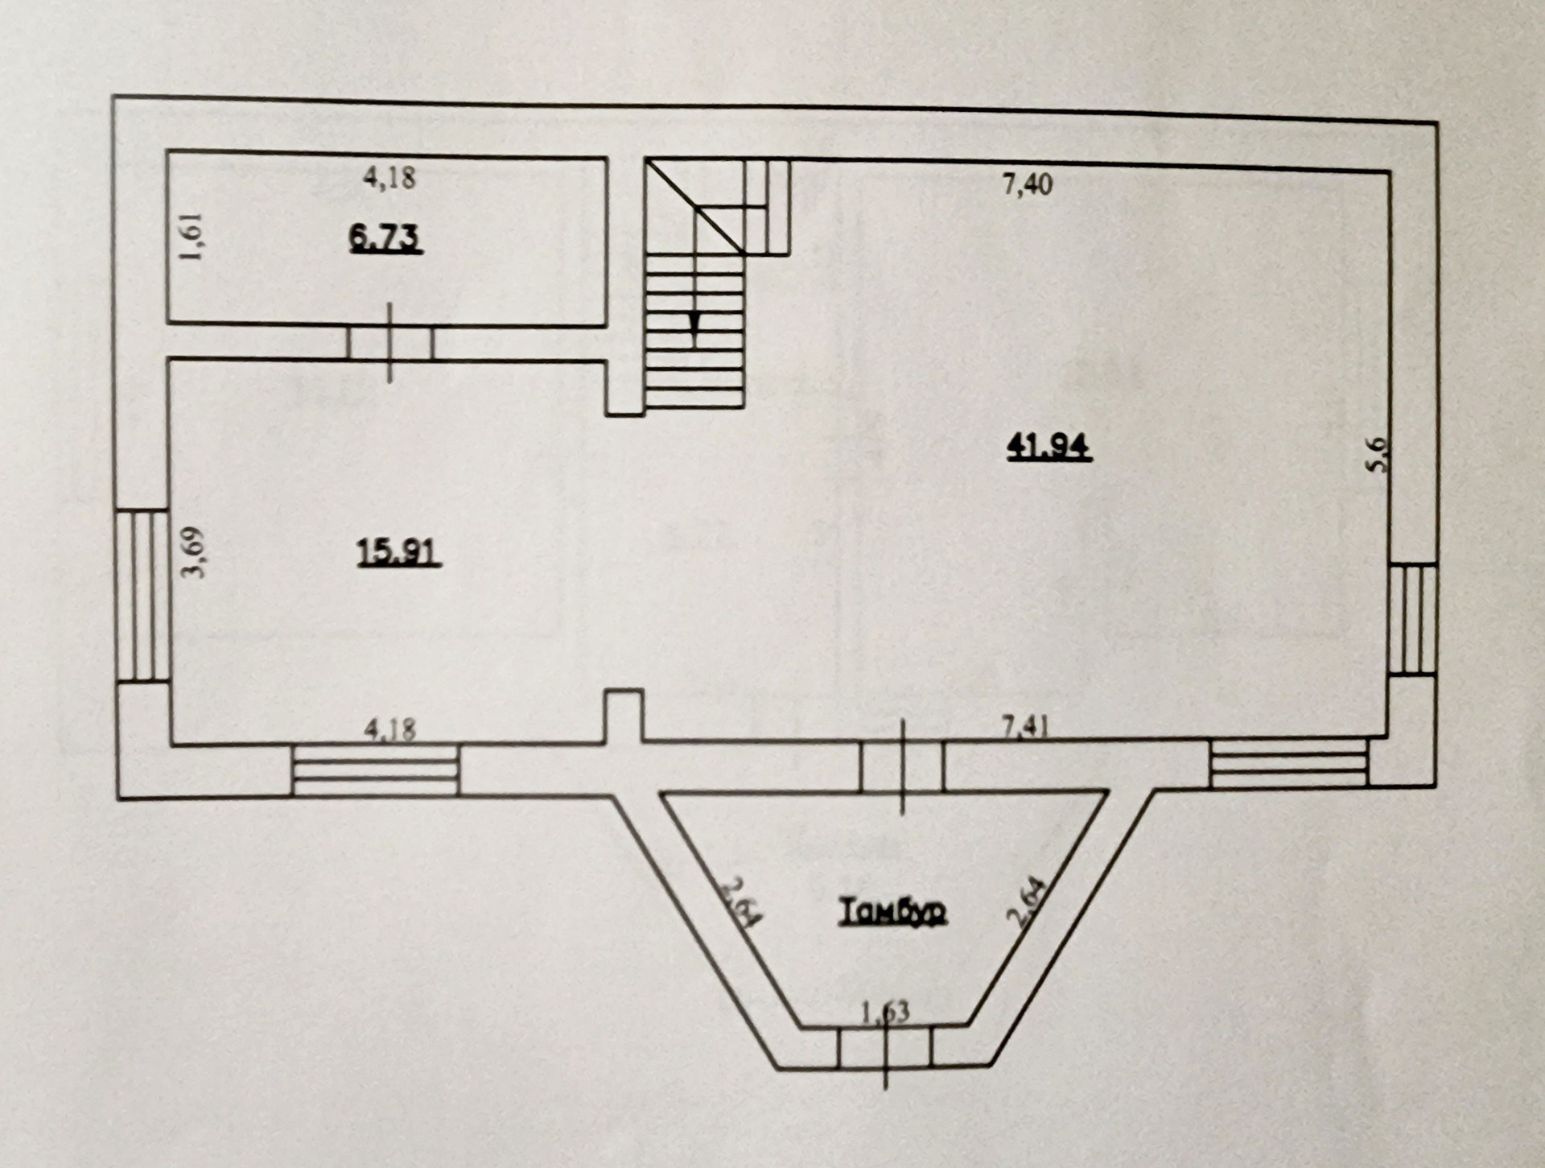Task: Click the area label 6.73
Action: pos(386,238)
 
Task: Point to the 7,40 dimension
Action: pos(1028,184)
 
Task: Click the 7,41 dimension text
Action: pos(1024,727)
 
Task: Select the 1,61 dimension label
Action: pos(193,237)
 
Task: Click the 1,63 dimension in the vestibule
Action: pos(885,1011)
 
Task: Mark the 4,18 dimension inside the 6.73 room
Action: pos(389,176)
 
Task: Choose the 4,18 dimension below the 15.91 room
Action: pos(390,729)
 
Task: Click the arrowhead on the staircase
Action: pos(694,323)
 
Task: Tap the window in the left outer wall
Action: pos(142,596)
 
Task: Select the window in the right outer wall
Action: pos(1413,619)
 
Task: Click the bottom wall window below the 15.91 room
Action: pos(376,770)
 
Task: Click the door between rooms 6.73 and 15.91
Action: pos(390,343)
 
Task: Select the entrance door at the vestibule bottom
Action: pos(885,1047)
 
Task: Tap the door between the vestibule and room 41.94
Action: pos(902,766)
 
